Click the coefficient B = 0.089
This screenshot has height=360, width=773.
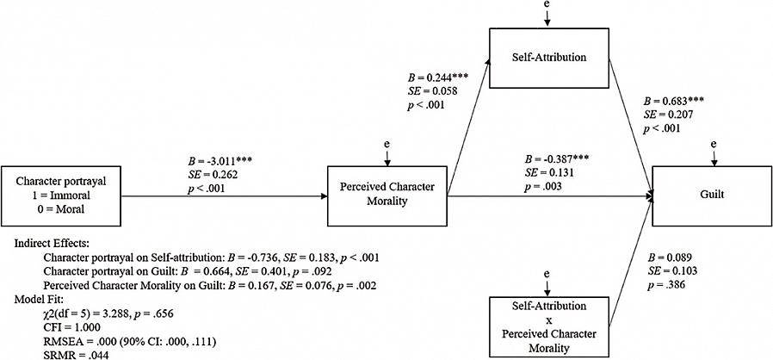point(671,256)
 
